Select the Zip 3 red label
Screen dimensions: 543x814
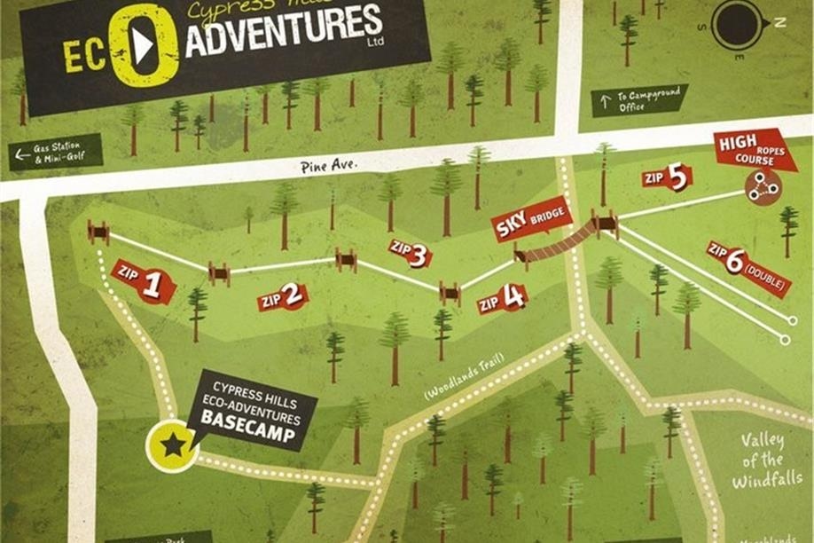click(x=410, y=254)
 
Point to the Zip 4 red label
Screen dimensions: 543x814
click(x=503, y=299)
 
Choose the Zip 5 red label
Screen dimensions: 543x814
click(x=667, y=178)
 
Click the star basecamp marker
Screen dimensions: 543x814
click(x=172, y=444)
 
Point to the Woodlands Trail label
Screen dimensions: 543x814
click(x=465, y=376)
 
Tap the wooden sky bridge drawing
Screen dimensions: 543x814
click(x=557, y=242)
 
